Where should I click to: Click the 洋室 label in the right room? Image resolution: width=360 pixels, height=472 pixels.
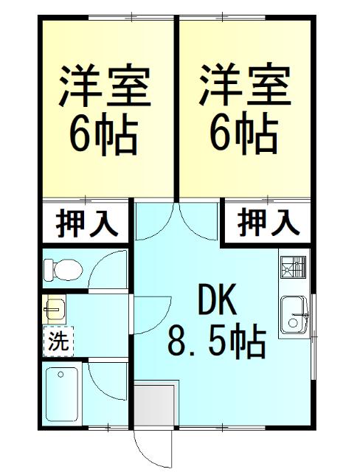(243, 86)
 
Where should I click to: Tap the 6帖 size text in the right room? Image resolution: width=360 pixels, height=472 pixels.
(243, 134)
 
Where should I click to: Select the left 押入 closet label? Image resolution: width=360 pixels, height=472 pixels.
(87, 222)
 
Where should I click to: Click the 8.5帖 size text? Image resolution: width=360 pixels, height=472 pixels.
(217, 341)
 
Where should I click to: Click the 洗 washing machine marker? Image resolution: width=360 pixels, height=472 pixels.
(57, 341)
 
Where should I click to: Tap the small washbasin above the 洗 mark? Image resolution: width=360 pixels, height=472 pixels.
(54, 308)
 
